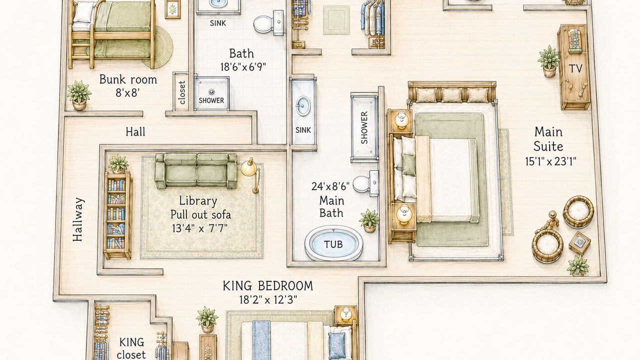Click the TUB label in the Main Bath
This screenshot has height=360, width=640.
[333, 244]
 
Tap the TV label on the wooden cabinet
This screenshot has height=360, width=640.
[575, 68]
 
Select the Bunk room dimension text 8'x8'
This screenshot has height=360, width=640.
[127, 93]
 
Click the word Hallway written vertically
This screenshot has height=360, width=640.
[77, 219]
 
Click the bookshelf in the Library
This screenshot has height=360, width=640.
[117, 215]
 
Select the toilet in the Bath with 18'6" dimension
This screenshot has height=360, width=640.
[268, 23]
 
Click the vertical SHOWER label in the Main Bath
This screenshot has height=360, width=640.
[364, 127]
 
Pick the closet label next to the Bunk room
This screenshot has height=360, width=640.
[182, 92]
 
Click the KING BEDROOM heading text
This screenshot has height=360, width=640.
[267, 286]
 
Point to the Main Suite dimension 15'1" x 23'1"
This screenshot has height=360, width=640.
[550, 162]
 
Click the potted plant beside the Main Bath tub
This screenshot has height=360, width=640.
[369, 220]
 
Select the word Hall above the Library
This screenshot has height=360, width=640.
[135, 132]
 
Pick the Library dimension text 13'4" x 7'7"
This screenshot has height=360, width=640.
[199, 228]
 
